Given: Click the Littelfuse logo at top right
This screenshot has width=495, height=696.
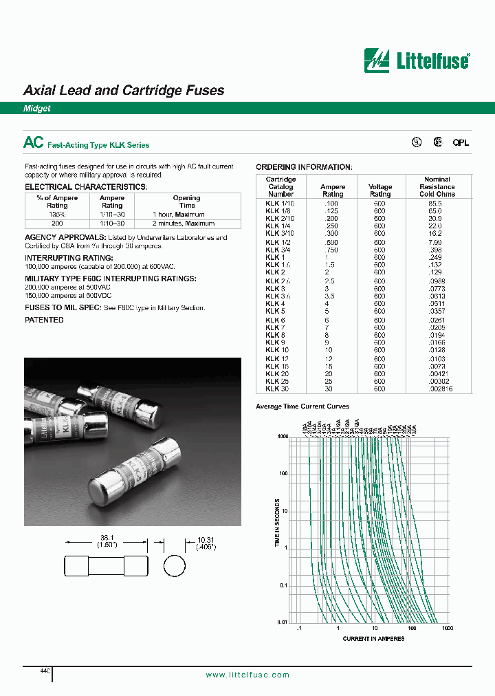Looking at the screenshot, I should tap(417, 61).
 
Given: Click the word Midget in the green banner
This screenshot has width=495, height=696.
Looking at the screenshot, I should tap(37, 109).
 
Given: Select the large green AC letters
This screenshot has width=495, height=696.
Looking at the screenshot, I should tap(34, 142).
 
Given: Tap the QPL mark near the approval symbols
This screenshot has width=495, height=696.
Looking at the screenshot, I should tap(460, 142).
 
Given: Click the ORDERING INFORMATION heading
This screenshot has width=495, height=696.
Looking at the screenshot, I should tap(303, 167).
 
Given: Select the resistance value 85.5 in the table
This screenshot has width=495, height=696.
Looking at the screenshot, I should tap(435, 204).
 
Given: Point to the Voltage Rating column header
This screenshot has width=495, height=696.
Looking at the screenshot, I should tap(380, 191).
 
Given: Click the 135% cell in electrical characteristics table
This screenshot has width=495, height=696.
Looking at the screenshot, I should tap(57, 214).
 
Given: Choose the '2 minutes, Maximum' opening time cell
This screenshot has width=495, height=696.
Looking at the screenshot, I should tap(184, 223).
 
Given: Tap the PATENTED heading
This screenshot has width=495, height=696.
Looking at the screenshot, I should tap(44, 320).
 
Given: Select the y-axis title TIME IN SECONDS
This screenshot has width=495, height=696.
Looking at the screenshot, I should tap(278, 523).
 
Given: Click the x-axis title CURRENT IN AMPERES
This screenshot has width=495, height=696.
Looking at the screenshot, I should tap(373, 639).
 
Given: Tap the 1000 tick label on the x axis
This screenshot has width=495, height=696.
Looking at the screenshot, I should tap(448, 629).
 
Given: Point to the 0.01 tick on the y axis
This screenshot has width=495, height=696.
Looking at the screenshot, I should tap(282, 622).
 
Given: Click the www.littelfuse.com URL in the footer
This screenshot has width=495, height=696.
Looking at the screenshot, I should tap(247, 675).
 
